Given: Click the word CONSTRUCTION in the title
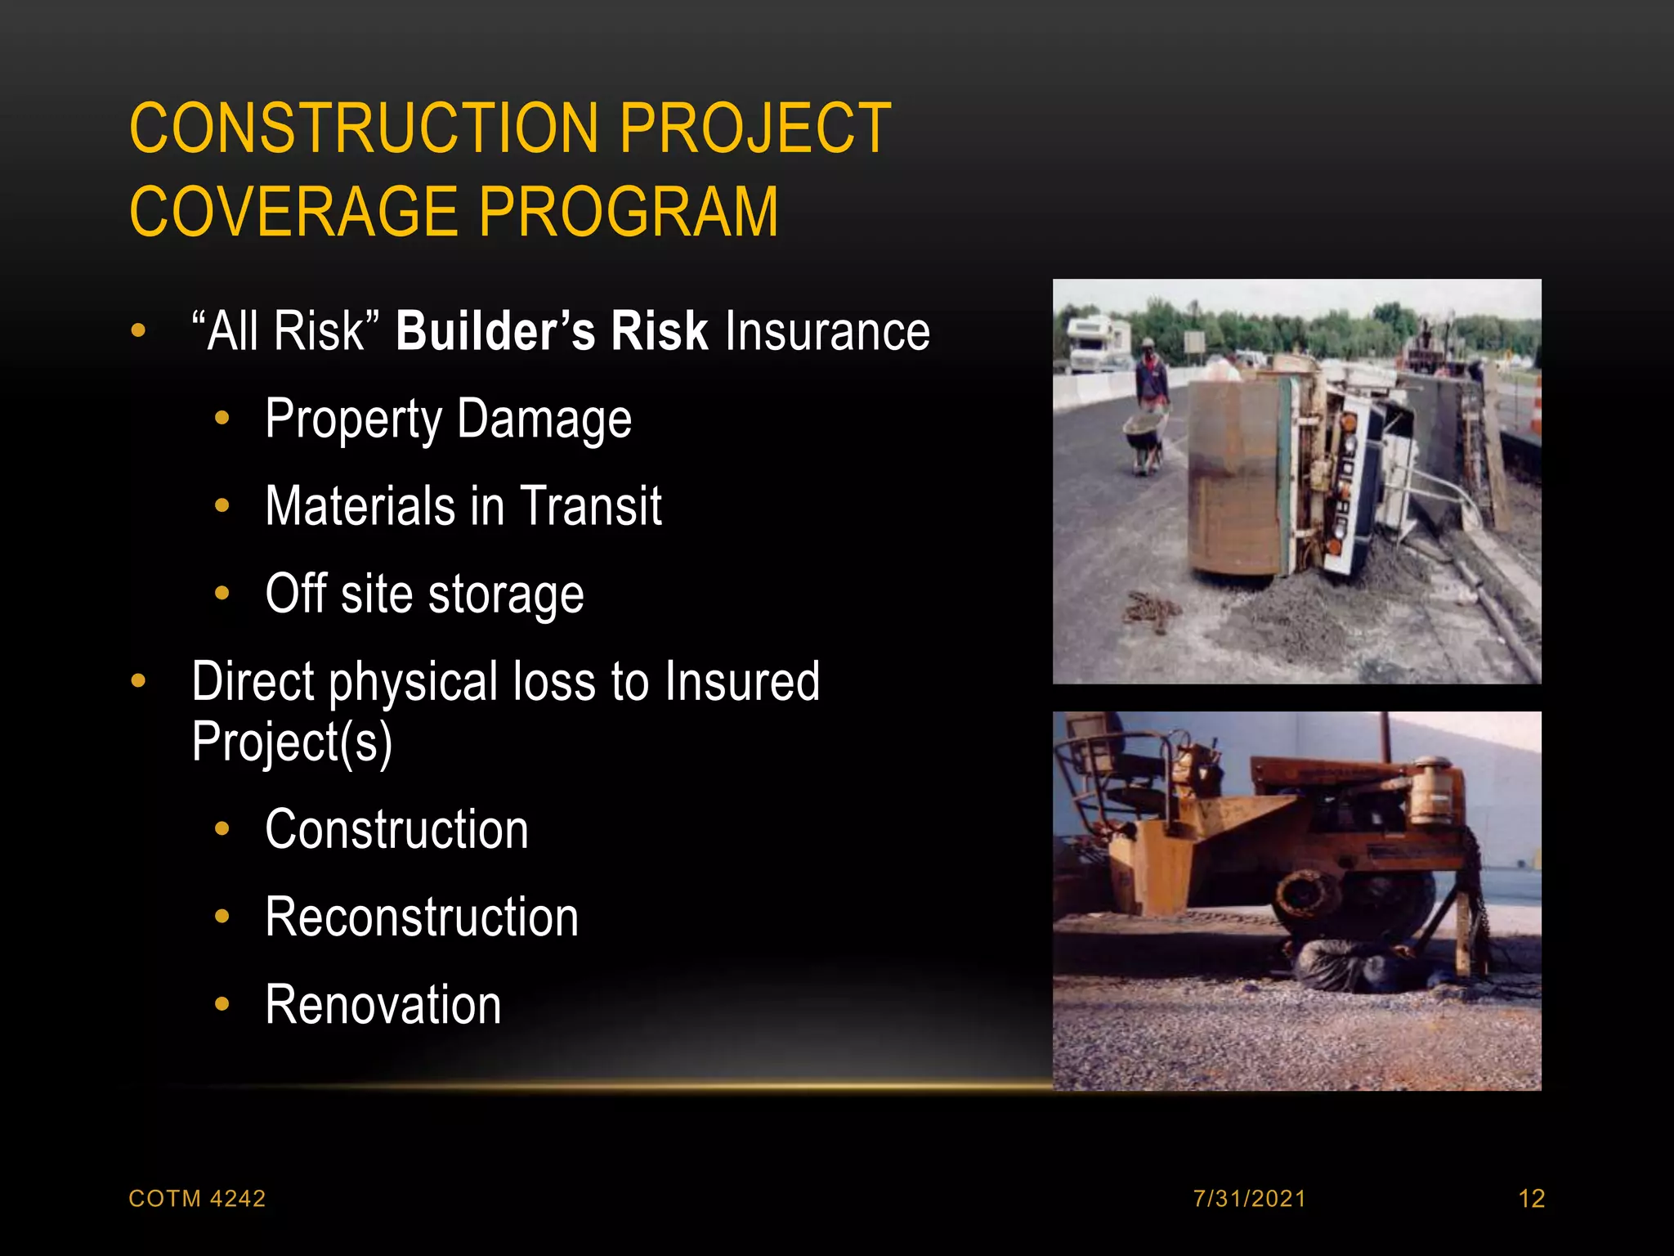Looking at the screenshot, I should [x=364, y=128].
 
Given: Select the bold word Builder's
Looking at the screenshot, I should [x=495, y=332].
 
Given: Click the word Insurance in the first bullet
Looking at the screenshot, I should [x=827, y=332].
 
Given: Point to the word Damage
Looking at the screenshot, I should [x=544, y=419].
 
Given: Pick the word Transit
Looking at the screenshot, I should [x=590, y=507].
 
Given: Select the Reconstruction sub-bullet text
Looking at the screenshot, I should [x=422, y=917].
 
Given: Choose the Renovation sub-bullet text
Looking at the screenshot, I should [x=383, y=1005].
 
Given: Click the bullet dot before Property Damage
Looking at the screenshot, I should [x=222, y=419].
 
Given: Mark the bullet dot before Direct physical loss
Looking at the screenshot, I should [x=138, y=680].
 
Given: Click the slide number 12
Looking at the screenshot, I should [x=1531, y=1199].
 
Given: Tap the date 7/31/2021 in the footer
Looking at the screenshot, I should [x=1249, y=1199].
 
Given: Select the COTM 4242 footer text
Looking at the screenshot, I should [x=197, y=1199].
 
